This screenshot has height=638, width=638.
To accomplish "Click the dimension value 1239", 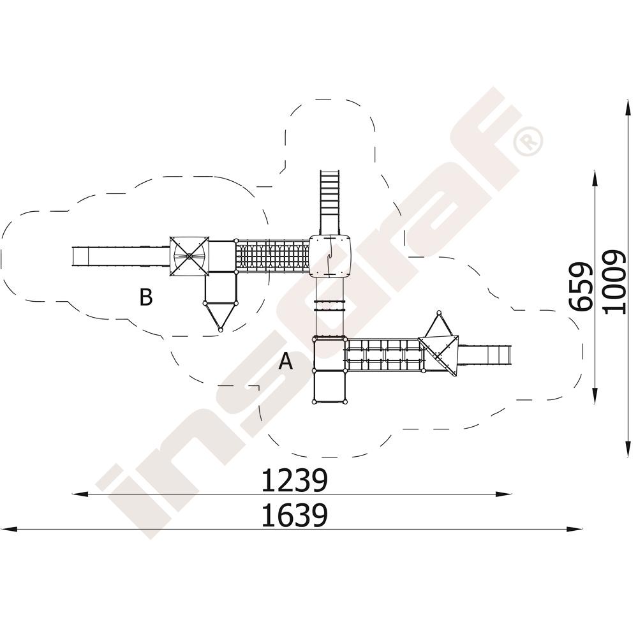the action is point(293,480).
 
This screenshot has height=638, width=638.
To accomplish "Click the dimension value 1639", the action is point(293,516).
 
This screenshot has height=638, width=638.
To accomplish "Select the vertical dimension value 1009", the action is point(614,281).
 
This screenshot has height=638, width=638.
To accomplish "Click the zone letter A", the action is point(286,361).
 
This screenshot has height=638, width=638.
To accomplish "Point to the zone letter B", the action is point(145,297).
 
